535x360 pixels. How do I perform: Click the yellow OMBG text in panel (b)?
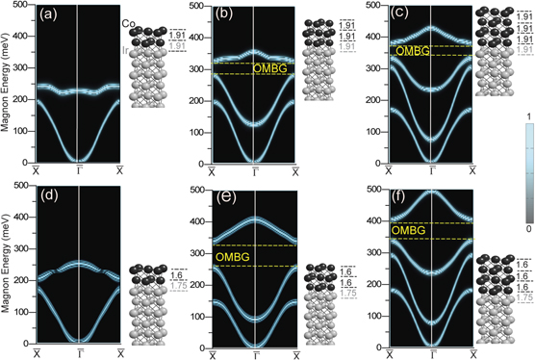(x=269, y=68)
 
